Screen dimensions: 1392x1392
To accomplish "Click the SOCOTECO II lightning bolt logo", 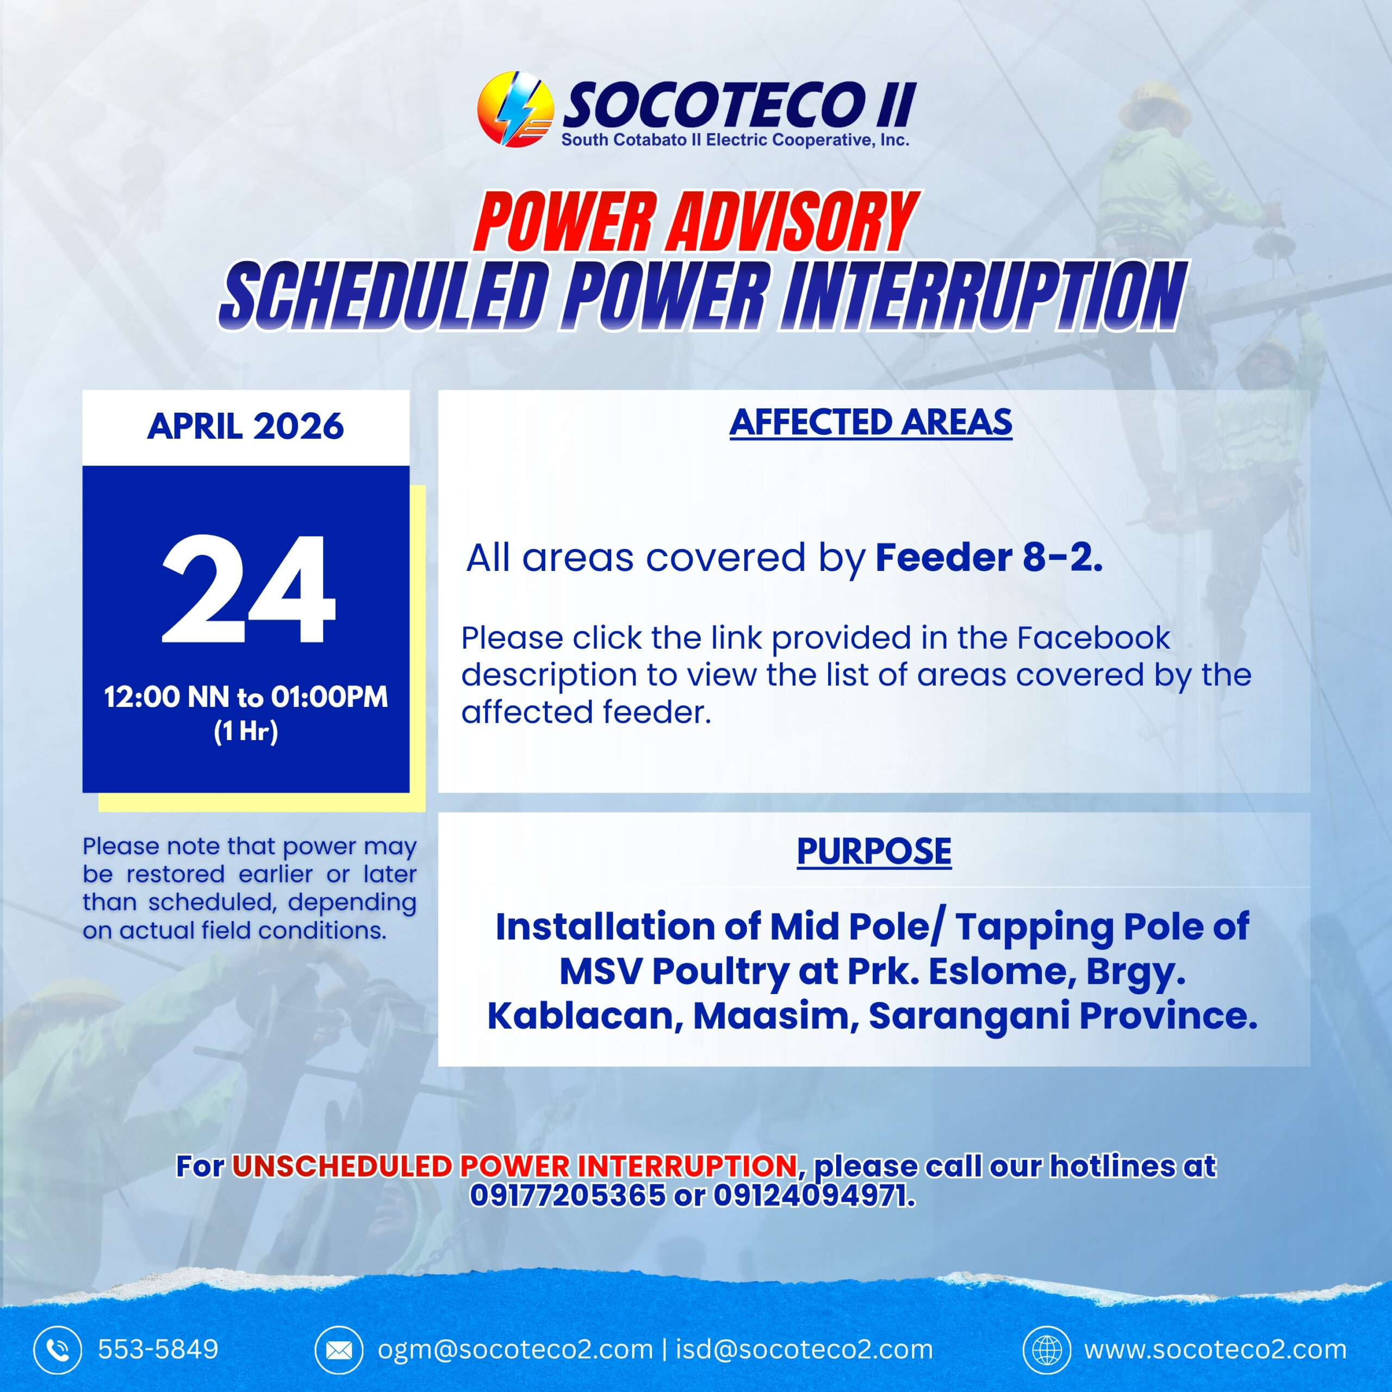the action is pyautogui.click(x=515, y=109).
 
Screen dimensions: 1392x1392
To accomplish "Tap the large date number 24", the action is pyautogui.click(x=248, y=589).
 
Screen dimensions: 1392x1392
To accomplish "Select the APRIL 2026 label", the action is pyautogui.click(x=246, y=426).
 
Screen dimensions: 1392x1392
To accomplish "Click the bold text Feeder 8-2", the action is pyautogui.click(x=989, y=558).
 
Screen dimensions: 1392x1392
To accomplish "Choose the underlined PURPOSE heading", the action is pyautogui.click(x=874, y=851).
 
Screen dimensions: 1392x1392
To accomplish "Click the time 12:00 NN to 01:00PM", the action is pyautogui.click(x=246, y=697).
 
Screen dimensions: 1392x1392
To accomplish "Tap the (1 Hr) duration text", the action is pyautogui.click(x=246, y=731).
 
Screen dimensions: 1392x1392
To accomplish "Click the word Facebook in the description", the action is pyautogui.click(x=1093, y=638).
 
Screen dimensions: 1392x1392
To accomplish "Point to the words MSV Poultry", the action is pyautogui.click(x=674, y=971).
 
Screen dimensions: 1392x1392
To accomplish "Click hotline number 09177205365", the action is pyautogui.click(x=568, y=1195).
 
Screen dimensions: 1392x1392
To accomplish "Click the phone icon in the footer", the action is pyautogui.click(x=58, y=1348).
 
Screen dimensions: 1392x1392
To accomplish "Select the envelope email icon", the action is pyautogui.click(x=339, y=1348).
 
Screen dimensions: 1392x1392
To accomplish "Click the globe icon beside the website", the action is pyautogui.click(x=1047, y=1348).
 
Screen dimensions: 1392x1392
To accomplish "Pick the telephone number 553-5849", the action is pyautogui.click(x=158, y=1348).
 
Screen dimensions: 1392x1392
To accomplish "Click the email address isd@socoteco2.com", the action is pyautogui.click(x=803, y=1348).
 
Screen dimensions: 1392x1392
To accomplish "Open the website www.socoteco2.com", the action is pyautogui.click(x=1215, y=1348).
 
